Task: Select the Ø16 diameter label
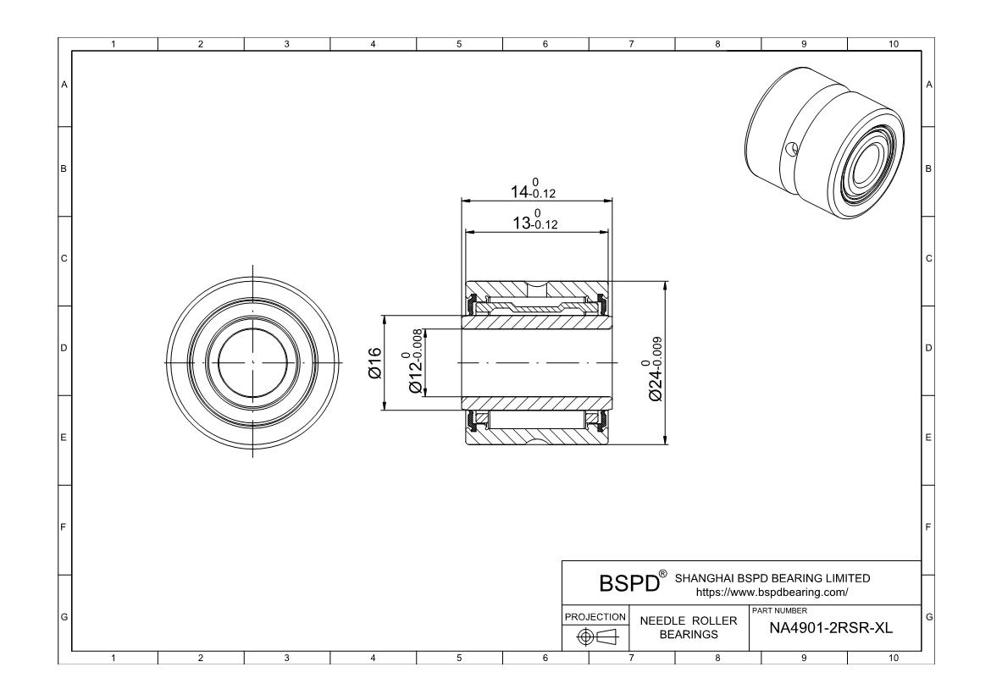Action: tap(376, 363)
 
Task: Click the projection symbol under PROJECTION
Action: tap(596, 636)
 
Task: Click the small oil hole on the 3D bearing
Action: tap(791, 150)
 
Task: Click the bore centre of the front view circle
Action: tap(253, 362)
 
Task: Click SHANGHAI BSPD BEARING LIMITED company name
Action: tap(772, 578)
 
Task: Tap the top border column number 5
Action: tap(459, 44)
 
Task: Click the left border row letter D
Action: tap(64, 348)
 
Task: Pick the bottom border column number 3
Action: tap(286, 658)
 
